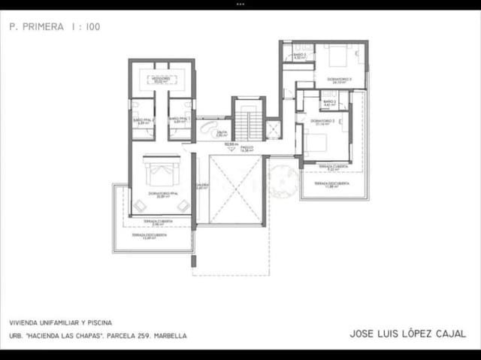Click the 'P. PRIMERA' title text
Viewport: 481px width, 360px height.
36,26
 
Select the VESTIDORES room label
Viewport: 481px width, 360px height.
162,78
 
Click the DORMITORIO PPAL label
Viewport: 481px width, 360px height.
162,195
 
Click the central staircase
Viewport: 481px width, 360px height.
248,119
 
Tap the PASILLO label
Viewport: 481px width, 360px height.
247,148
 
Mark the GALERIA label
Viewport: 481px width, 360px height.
202,186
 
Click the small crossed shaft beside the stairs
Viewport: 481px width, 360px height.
273,129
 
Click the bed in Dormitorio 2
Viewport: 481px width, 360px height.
316,141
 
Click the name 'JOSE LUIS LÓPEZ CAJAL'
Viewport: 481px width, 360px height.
407,333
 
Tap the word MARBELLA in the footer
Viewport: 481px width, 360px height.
169,336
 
